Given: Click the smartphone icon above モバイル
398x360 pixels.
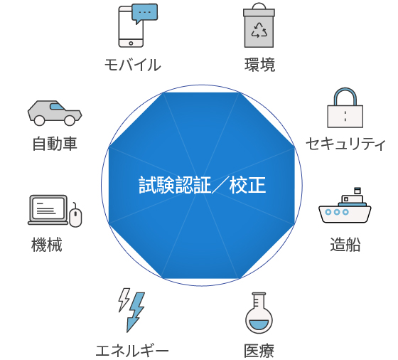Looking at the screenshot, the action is (131, 26).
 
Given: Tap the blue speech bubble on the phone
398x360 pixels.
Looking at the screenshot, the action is (145, 14).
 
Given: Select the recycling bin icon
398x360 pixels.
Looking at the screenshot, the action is (259, 25).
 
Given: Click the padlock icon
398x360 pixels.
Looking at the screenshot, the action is (345, 107).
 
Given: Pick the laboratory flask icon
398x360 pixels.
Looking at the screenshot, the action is (259, 313).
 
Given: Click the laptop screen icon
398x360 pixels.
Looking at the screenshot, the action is (48, 210).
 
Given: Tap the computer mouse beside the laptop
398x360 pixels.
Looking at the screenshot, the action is (75, 216).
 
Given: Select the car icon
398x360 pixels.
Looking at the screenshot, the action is (55, 113).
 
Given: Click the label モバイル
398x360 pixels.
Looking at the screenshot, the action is (133, 65).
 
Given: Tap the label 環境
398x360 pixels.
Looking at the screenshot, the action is (259, 65).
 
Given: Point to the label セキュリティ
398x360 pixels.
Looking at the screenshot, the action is (345, 144).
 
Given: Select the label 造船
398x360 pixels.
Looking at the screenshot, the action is (345, 245).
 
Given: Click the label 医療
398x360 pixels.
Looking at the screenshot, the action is (259, 351).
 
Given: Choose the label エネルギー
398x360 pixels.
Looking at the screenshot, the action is (132, 351).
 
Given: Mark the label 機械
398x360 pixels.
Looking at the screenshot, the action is (47, 245).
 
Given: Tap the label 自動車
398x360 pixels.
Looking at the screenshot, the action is (55, 144).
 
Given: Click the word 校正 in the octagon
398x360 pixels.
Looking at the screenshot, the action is (247, 185).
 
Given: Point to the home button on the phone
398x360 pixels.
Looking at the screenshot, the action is (131, 43).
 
